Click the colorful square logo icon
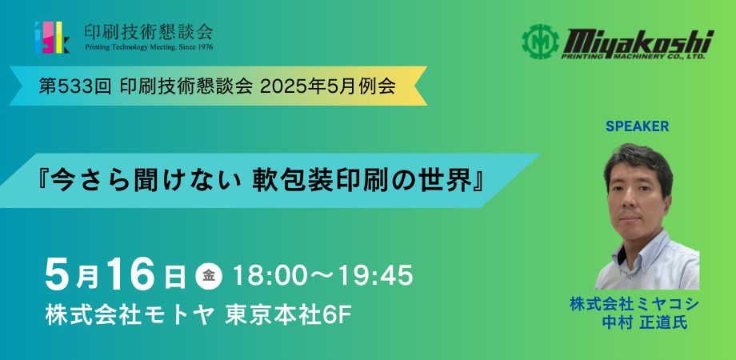pyautogui.click(x=53, y=37)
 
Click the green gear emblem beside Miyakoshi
pyautogui.click(x=539, y=42)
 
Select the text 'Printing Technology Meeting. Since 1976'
pyautogui.click(x=149, y=47)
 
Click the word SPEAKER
pyautogui.click(x=637, y=126)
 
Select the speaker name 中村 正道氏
pyautogui.click(x=645, y=322)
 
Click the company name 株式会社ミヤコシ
pyautogui.click(x=634, y=304)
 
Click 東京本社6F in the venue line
pyautogui.click(x=288, y=316)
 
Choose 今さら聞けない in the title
pyautogui.click(x=141, y=181)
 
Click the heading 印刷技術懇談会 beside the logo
pyautogui.click(x=149, y=31)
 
